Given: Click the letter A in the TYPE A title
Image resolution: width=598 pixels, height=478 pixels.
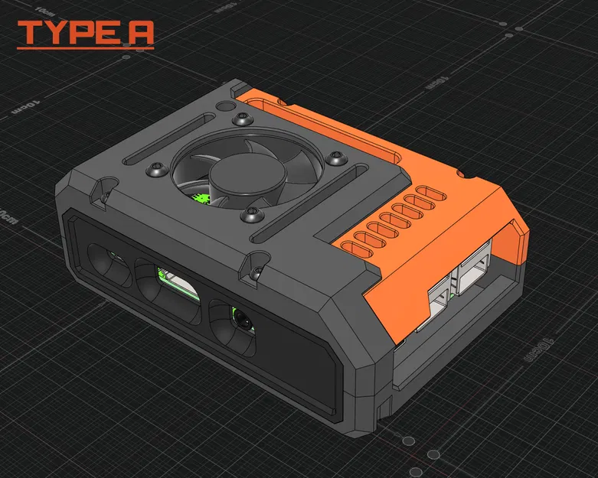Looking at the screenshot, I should pyautogui.click(x=141, y=33).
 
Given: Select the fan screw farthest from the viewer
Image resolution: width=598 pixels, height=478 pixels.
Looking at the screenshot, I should pyautogui.click(x=243, y=119).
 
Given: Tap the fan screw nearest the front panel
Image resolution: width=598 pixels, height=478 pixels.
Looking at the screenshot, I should pyautogui.click(x=251, y=214).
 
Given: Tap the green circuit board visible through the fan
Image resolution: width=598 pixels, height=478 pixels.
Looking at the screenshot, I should pyautogui.click(x=202, y=199).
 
